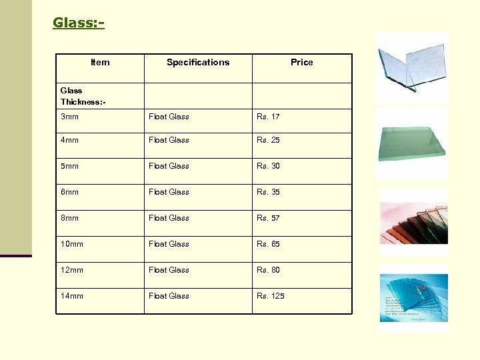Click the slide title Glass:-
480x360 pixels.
(x=79, y=23)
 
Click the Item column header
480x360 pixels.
(x=100, y=63)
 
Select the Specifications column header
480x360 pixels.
(x=198, y=63)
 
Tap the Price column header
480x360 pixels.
(x=301, y=63)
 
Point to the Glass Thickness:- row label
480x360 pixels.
(x=83, y=96)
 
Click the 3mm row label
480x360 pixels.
(x=69, y=117)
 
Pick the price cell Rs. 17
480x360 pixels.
(x=269, y=117)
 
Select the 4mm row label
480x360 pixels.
(x=69, y=140)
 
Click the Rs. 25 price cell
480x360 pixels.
(x=269, y=140)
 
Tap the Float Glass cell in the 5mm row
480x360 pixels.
(x=169, y=166)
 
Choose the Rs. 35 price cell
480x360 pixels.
(x=269, y=192)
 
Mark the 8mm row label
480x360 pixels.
(x=69, y=218)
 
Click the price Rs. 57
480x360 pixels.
(x=269, y=218)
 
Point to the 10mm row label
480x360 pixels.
(x=72, y=244)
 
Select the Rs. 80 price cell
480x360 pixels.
(x=269, y=270)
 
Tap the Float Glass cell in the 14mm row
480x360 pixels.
(x=169, y=296)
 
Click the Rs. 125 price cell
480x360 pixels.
(x=271, y=296)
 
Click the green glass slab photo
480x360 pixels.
(x=412, y=143)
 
